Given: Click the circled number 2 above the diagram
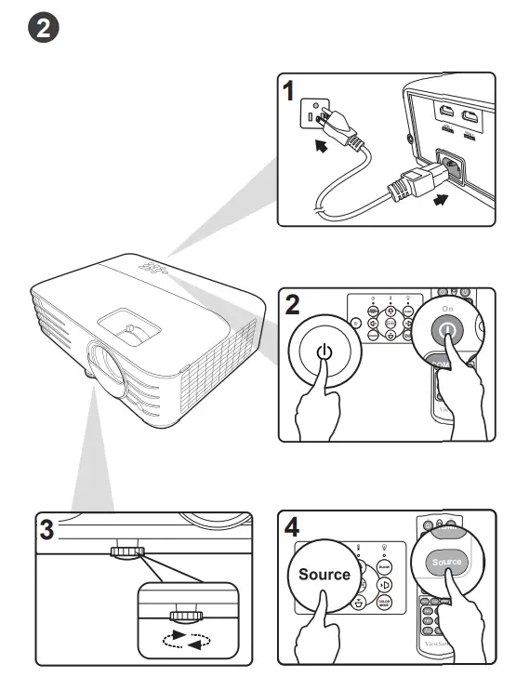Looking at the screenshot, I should click(44, 29).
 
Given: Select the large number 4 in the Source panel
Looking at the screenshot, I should click(292, 526).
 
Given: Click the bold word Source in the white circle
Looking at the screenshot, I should click(324, 574).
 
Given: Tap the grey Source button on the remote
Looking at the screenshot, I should click(447, 563).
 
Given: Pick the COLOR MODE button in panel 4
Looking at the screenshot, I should click(383, 604).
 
